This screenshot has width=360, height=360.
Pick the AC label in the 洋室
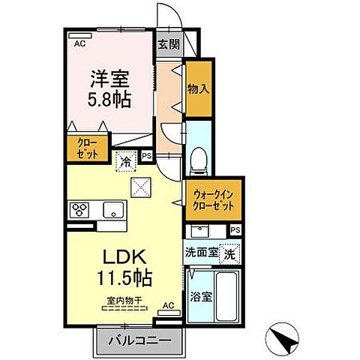pos(79,44)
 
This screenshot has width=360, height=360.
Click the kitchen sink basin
pos(113,209)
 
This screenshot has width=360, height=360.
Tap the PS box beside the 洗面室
pos(235,230)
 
